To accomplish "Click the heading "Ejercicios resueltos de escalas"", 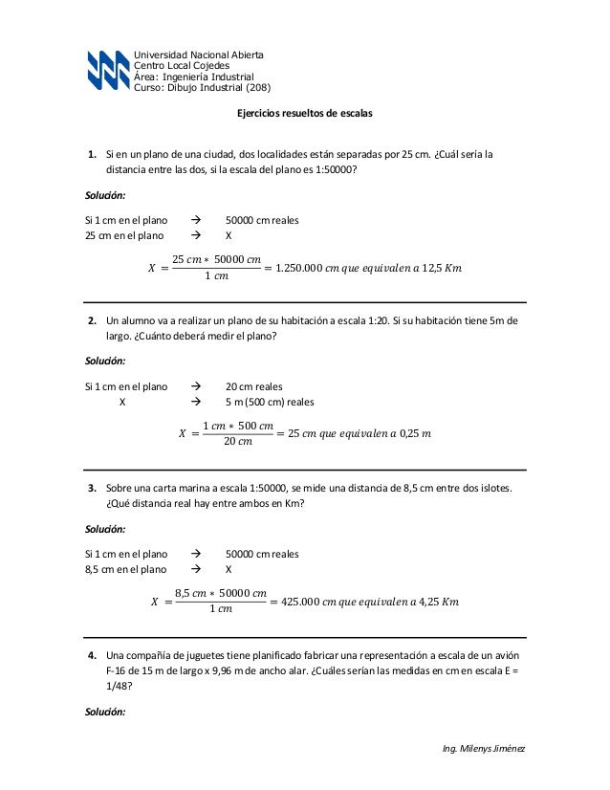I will (x=304, y=113).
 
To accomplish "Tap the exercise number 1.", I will (x=92, y=154).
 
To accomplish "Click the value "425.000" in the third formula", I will (x=298, y=603).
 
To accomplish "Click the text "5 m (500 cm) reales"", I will (x=270, y=402).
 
